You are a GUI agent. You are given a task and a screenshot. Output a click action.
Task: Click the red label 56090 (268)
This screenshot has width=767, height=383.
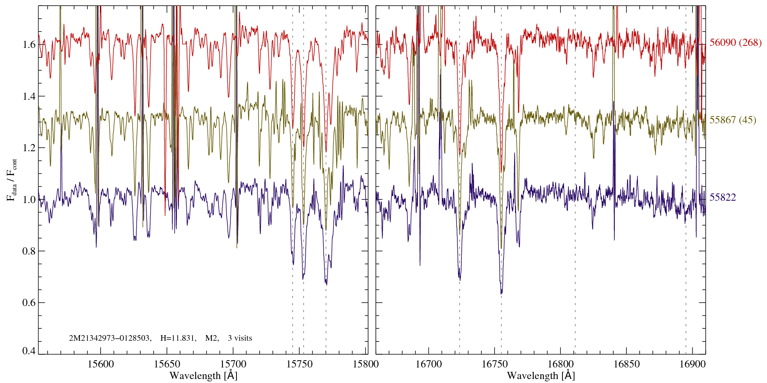point(735,43)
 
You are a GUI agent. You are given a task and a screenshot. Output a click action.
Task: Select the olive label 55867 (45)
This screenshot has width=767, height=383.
point(733,120)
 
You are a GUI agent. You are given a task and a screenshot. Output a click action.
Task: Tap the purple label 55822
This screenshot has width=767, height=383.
point(723,197)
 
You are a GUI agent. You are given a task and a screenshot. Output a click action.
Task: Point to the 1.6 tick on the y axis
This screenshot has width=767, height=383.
point(29,45)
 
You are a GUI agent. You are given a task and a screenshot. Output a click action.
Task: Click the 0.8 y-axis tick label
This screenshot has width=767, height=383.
point(29,251)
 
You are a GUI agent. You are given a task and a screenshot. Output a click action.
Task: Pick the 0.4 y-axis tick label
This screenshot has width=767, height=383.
point(29,351)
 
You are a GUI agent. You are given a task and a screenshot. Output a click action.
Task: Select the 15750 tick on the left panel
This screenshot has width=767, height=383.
point(300,364)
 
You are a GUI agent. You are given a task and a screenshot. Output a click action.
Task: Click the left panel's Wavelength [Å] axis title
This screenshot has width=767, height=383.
point(203,376)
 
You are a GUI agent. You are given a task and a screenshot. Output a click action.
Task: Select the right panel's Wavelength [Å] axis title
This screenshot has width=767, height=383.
point(541,376)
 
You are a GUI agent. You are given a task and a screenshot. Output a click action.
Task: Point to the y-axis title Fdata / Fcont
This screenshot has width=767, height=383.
point(12,180)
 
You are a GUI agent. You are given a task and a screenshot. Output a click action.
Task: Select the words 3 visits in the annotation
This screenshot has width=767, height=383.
point(240,338)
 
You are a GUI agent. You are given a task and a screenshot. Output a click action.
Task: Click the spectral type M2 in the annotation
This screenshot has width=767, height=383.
point(212,338)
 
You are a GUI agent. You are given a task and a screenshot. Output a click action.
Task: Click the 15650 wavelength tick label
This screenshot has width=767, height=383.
point(167,364)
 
